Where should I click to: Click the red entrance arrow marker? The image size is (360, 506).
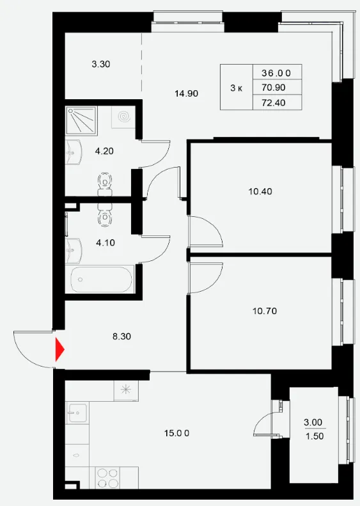click(x=60, y=349)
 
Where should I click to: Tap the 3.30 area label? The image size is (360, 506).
click(x=101, y=64)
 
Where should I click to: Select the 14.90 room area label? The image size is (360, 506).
click(x=187, y=93)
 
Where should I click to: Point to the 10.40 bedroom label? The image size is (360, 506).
click(x=260, y=191)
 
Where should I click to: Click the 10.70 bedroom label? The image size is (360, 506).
click(x=265, y=311)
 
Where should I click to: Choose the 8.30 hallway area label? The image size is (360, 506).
click(x=121, y=336)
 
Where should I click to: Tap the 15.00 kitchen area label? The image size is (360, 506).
click(x=176, y=433)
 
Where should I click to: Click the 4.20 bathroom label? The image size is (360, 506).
click(x=104, y=151)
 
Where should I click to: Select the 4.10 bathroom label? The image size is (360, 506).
click(x=106, y=242)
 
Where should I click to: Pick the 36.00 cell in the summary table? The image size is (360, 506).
click(x=276, y=74)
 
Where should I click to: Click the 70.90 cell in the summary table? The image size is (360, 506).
click(x=274, y=88)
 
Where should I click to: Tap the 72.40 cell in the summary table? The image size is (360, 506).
click(x=274, y=103)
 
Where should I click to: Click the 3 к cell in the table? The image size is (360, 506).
click(x=237, y=88)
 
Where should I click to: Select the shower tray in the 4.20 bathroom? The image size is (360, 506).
click(x=81, y=120)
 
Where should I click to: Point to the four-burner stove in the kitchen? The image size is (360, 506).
click(x=107, y=478)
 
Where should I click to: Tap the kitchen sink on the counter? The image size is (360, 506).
click(x=77, y=413)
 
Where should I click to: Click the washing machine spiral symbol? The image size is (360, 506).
click(x=123, y=116)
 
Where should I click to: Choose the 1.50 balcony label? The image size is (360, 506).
click(x=315, y=436)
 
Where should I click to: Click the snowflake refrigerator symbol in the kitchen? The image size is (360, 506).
click(x=126, y=390)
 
